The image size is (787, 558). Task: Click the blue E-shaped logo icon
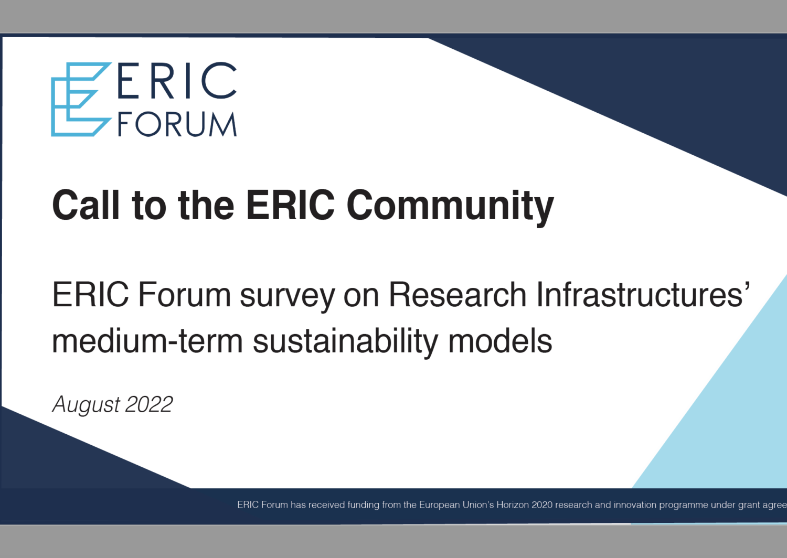[79, 100]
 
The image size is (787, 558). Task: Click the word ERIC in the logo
[177, 81]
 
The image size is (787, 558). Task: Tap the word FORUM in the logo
[177, 124]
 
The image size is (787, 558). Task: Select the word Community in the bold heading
[450, 206]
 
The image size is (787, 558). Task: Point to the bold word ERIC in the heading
[290, 205]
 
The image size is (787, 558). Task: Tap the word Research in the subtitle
[457, 295]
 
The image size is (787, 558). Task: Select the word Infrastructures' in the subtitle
[643, 295]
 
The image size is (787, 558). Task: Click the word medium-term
[147, 341]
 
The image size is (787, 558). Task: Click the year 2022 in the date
[149, 404]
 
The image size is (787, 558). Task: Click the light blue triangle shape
[735, 420]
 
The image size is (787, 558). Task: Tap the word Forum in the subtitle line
[184, 295]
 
